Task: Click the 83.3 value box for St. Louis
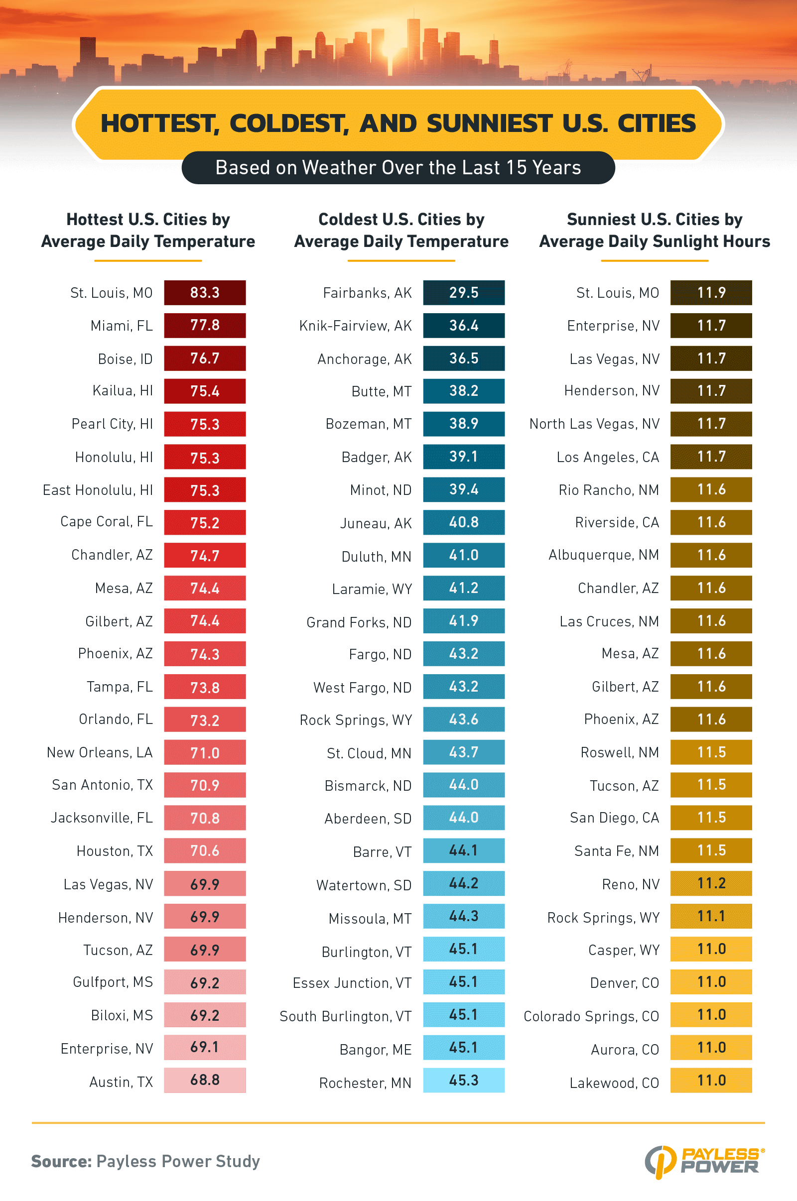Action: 204,293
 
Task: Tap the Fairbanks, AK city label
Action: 367,293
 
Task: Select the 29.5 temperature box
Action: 464,293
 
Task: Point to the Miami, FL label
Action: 122,326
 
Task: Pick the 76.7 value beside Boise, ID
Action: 204,358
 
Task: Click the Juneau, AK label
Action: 376,523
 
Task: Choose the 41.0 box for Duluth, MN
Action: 464,555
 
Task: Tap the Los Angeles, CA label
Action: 608,457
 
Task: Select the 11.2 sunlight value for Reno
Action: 711,883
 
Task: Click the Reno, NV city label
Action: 630,884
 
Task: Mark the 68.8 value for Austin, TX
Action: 204,1080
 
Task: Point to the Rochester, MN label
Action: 365,1083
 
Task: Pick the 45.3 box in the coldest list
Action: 464,1080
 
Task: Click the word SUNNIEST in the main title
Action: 489,123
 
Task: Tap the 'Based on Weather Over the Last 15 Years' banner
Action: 398,168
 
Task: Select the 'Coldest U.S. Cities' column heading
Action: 401,230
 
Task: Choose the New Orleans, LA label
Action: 100,752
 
